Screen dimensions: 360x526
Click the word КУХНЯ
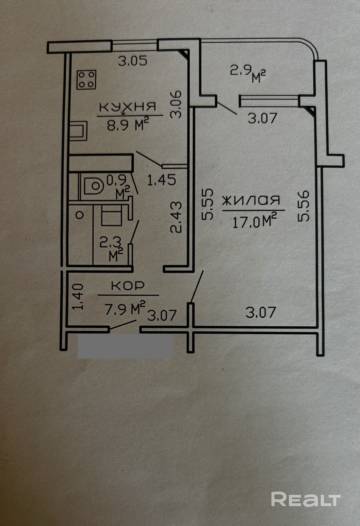point(127,107)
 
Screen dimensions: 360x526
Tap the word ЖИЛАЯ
point(251,201)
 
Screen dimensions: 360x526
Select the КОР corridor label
point(128,286)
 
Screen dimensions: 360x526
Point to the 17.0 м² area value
point(254,221)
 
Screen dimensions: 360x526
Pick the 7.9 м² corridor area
point(125,309)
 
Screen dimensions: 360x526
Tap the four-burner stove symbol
point(86,80)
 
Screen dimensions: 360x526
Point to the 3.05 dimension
point(133,61)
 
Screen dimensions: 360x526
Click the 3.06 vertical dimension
point(176,105)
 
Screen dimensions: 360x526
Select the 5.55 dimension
point(207,204)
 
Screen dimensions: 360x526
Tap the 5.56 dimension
point(303,206)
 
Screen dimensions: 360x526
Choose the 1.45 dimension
point(161,180)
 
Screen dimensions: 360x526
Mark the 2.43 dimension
point(176,217)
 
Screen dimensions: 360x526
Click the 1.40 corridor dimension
point(78,296)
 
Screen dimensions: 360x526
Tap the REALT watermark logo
point(306,499)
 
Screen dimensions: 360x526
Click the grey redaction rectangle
point(125,347)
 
